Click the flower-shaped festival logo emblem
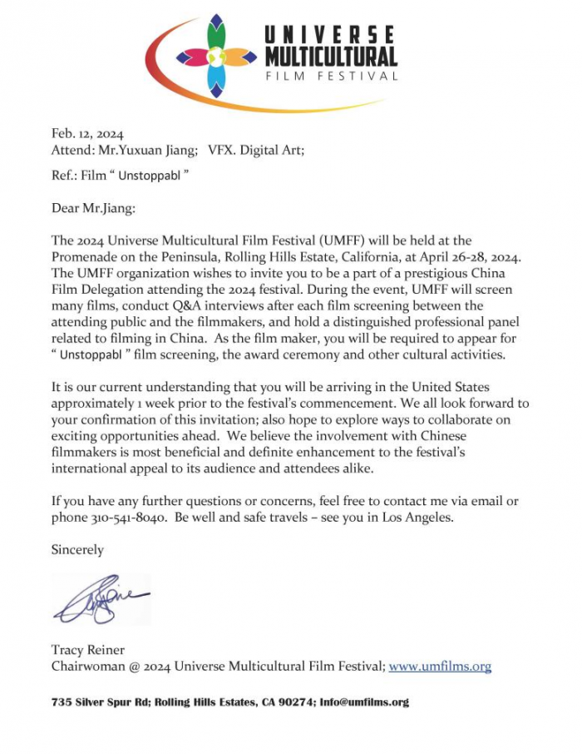(x=215, y=57)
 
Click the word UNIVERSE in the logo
(x=331, y=35)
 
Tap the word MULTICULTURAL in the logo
(x=331, y=57)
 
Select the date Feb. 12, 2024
(x=87, y=133)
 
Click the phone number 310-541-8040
(x=127, y=517)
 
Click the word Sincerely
(x=77, y=550)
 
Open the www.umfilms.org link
(x=440, y=667)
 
